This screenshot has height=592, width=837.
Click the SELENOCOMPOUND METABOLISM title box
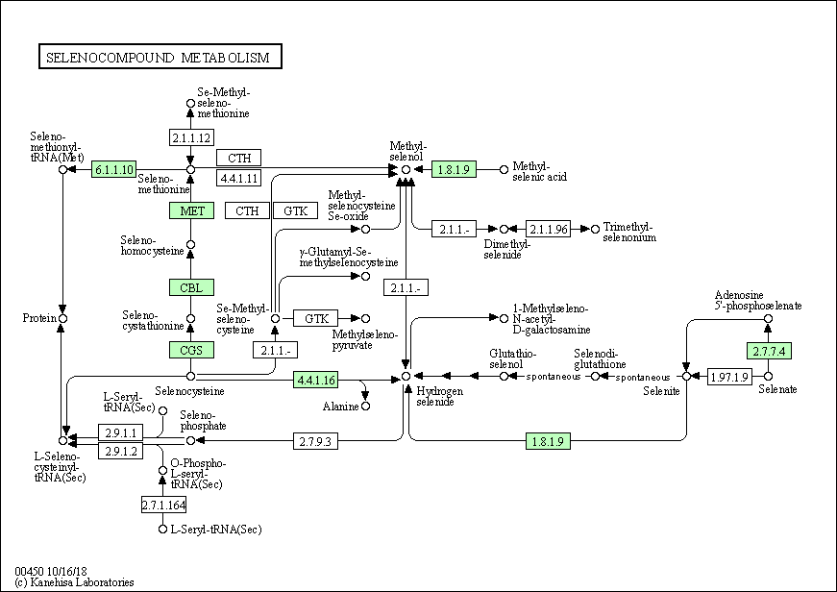(x=160, y=57)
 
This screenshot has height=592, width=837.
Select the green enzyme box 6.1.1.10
(x=113, y=169)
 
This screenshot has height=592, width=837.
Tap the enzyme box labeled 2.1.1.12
(x=191, y=137)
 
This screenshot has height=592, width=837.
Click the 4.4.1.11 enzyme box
(x=238, y=177)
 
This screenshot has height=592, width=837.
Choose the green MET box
(x=191, y=210)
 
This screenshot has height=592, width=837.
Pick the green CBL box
(x=191, y=287)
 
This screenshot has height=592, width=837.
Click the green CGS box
(x=191, y=350)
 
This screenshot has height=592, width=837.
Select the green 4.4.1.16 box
(x=316, y=380)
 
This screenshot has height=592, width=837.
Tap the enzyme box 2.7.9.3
(x=315, y=441)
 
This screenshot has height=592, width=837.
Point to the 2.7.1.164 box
(x=164, y=505)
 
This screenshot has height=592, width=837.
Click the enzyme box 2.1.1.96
(x=548, y=229)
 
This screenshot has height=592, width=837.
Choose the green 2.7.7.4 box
(x=769, y=351)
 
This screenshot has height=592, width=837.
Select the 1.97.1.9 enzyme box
(x=729, y=377)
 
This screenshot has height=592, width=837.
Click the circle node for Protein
(x=63, y=319)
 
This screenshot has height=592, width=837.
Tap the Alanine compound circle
(x=366, y=407)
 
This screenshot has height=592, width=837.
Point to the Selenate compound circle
(x=768, y=377)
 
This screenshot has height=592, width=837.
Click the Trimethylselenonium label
(x=629, y=233)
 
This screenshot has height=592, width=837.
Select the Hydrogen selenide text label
(x=439, y=396)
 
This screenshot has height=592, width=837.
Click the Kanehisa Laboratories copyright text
(x=74, y=581)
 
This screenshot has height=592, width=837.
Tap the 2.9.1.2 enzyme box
(x=121, y=451)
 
